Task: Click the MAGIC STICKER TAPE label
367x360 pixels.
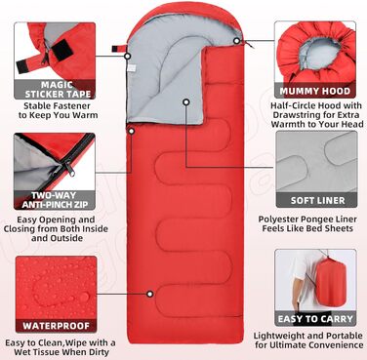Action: (59, 90)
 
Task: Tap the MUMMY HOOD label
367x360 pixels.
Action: (315, 92)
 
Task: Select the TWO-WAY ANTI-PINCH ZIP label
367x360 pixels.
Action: (56, 200)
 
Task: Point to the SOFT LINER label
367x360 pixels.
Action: (317, 200)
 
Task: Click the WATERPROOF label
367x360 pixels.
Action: (57, 326)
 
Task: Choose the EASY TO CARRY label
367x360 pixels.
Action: (315, 319)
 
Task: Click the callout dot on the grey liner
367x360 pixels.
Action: (186, 102)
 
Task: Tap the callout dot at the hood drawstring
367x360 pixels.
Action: (237, 41)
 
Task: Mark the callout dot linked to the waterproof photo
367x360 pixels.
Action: (149, 294)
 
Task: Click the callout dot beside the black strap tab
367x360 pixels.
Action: (128, 57)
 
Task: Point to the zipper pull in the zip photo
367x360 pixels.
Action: (69, 169)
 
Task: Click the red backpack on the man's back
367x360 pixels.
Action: (328, 282)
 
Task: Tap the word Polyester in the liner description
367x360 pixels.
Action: (277, 220)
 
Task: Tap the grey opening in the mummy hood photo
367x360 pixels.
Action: (319, 53)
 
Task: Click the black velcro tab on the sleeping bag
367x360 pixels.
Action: (115, 49)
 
